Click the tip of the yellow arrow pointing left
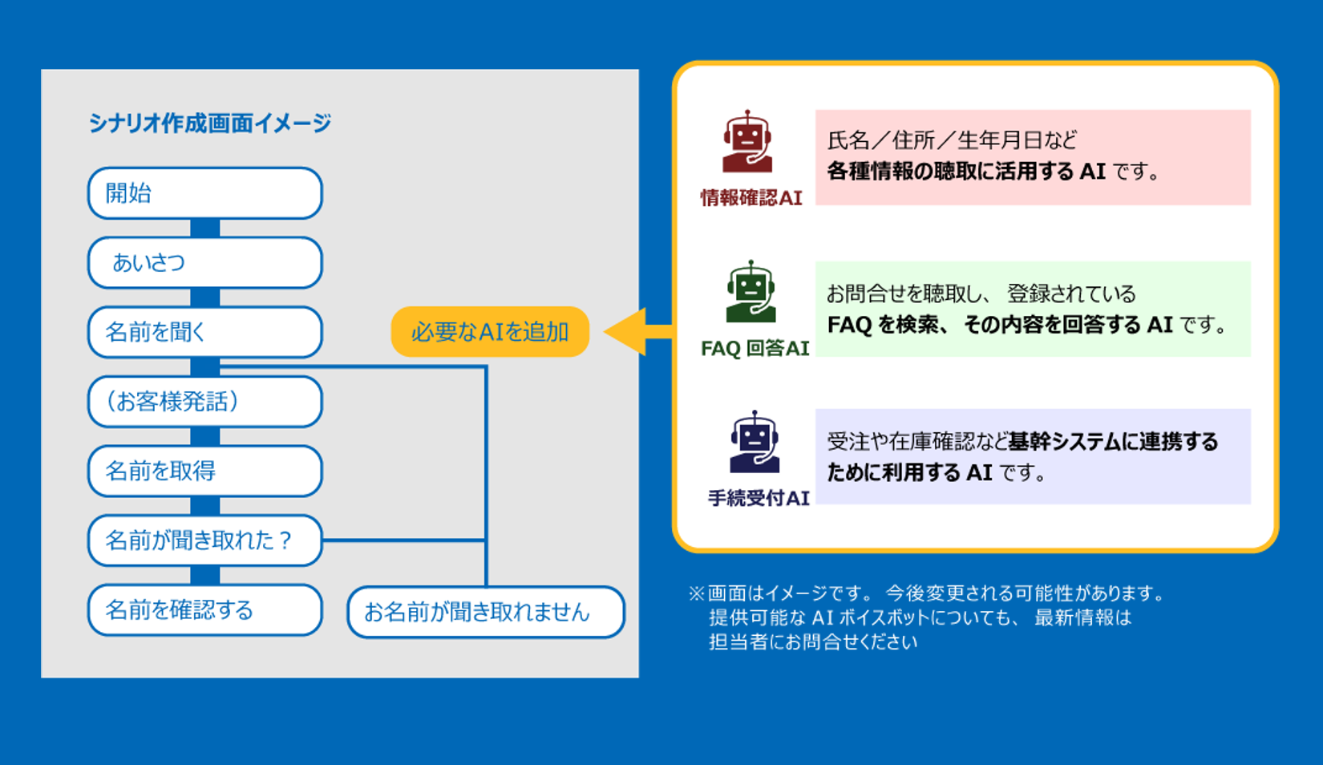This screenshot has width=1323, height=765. pos(605,331)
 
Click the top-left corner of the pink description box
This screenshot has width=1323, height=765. pos(815,110)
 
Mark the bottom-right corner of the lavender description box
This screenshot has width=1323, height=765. pos(1251,504)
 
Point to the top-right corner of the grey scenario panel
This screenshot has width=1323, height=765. pos(638,70)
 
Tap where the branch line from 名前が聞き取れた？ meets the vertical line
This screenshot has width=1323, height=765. pos(486,540)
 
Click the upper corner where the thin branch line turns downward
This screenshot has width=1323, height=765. pos(486,366)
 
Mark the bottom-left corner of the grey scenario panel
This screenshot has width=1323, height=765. pos(42,678)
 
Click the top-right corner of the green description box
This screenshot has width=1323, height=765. pos(1251,261)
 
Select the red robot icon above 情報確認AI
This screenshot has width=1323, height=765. pos(748,142)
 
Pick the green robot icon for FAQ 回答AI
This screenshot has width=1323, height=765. pos(751,292)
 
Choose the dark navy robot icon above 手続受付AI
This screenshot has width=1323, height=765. pos(755,442)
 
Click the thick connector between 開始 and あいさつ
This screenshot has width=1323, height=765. pos(205,228)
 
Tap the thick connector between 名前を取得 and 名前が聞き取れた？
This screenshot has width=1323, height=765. pos(205,506)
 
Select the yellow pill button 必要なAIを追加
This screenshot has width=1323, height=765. pos(490,331)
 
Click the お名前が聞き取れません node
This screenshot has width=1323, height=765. pos(486,612)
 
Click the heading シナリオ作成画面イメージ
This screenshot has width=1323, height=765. pos(209,123)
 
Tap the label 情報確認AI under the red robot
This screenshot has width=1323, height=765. pos(751,197)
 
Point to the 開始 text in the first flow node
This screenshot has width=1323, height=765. pos(128,193)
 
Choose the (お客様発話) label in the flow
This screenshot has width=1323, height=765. pos(172,402)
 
